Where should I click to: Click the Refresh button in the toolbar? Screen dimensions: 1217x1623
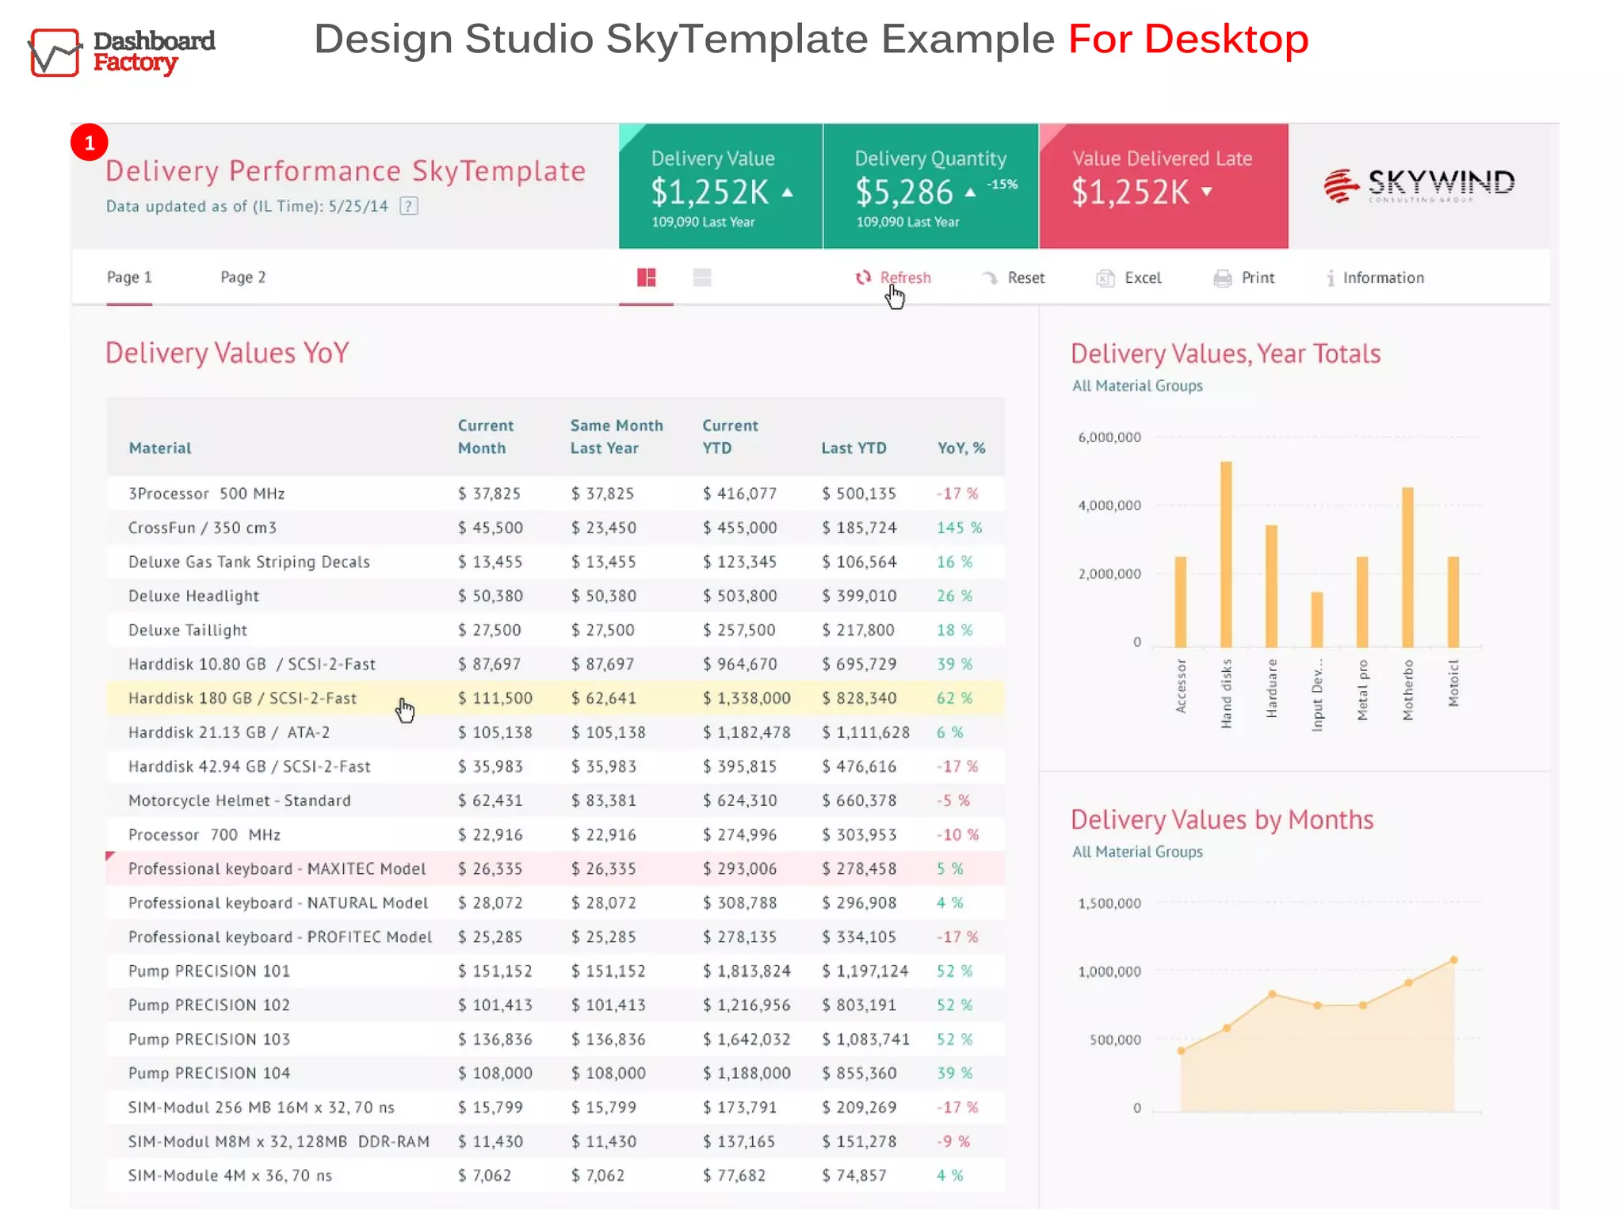point(894,278)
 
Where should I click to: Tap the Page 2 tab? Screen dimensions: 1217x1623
point(242,277)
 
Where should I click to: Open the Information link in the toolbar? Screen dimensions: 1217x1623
point(1376,278)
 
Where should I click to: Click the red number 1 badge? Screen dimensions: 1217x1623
point(90,143)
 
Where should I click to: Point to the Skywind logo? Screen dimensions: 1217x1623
point(1419,185)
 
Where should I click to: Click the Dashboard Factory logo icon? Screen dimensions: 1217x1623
point(55,52)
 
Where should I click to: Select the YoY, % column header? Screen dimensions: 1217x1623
point(961,448)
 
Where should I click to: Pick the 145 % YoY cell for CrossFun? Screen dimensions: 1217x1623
point(959,528)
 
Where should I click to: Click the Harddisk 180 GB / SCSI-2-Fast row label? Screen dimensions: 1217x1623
point(242,698)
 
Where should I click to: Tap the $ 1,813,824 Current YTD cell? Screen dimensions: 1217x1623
point(747,971)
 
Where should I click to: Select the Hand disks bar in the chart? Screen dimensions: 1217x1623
point(1226,555)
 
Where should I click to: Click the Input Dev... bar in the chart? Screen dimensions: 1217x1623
point(1317,620)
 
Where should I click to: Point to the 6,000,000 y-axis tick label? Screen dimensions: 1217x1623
point(1109,437)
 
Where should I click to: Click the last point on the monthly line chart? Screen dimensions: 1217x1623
point(1453,960)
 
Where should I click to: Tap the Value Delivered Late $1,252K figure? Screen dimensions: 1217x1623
point(1131,192)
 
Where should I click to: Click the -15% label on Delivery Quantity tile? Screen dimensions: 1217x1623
point(1002,184)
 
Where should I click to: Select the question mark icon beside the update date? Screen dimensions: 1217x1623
point(409,206)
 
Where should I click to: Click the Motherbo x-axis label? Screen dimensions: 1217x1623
point(1408,689)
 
